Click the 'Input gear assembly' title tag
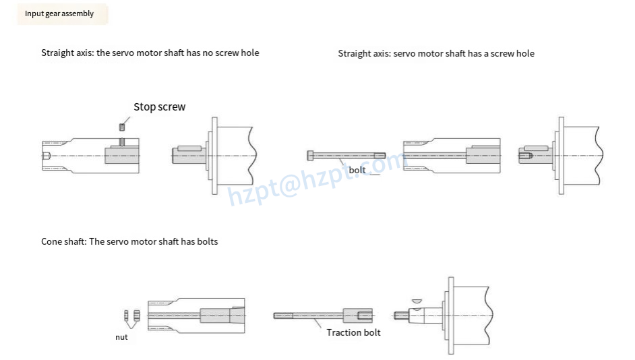pos(59,13)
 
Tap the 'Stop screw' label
pos(159,107)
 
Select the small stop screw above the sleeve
pos(122,125)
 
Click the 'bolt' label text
pos(357,170)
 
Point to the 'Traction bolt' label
pos(353,332)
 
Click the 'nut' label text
pos(121,336)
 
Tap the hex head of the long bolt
pos(310,155)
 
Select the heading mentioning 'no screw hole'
pos(150,53)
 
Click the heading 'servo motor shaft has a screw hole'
pos(436,53)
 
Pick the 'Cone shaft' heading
pos(129,241)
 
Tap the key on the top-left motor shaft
pos(190,148)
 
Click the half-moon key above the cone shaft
pos(416,301)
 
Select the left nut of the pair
pos(127,316)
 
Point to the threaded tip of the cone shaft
pos(399,315)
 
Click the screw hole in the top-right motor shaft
pos(526,156)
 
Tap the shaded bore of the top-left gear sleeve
pos(121,155)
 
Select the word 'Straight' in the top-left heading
pos(57,53)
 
